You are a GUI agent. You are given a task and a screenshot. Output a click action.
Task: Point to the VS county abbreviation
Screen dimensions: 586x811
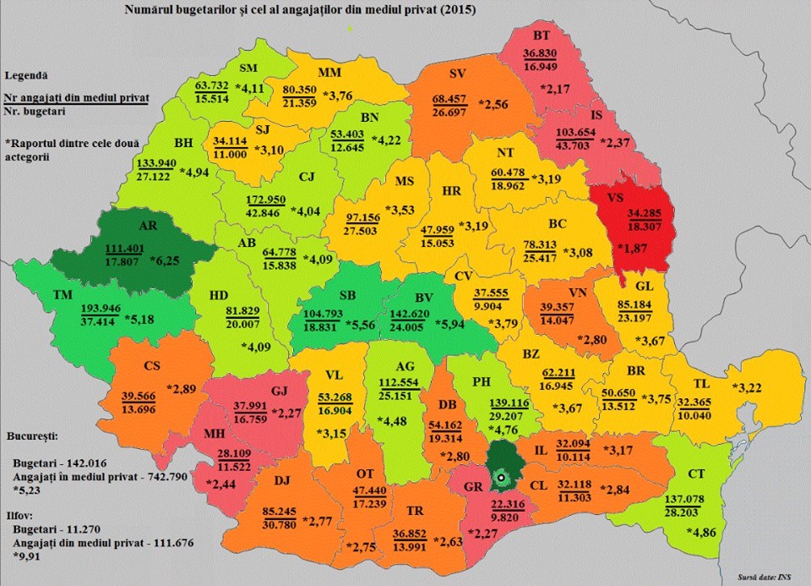pyautogui.click(x=618, y=197)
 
